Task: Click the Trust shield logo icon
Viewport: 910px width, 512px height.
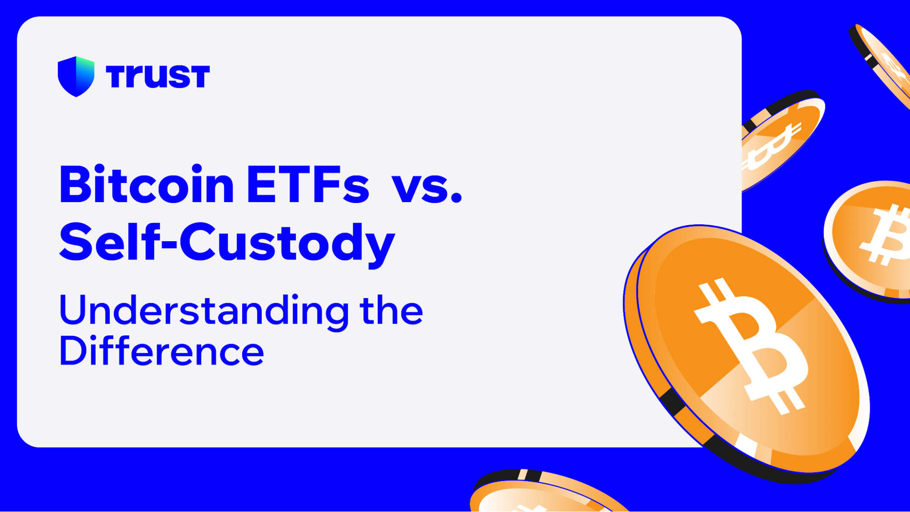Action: tap(76, 76)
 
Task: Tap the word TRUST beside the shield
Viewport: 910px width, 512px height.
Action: tap(158, 76)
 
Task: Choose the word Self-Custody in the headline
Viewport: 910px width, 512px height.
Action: tap(227, 243)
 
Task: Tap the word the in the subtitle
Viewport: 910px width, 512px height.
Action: tap(391, 311)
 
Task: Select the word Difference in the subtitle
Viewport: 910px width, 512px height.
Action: tap(161, 351)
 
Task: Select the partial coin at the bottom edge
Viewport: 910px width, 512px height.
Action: tap(542, 494)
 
